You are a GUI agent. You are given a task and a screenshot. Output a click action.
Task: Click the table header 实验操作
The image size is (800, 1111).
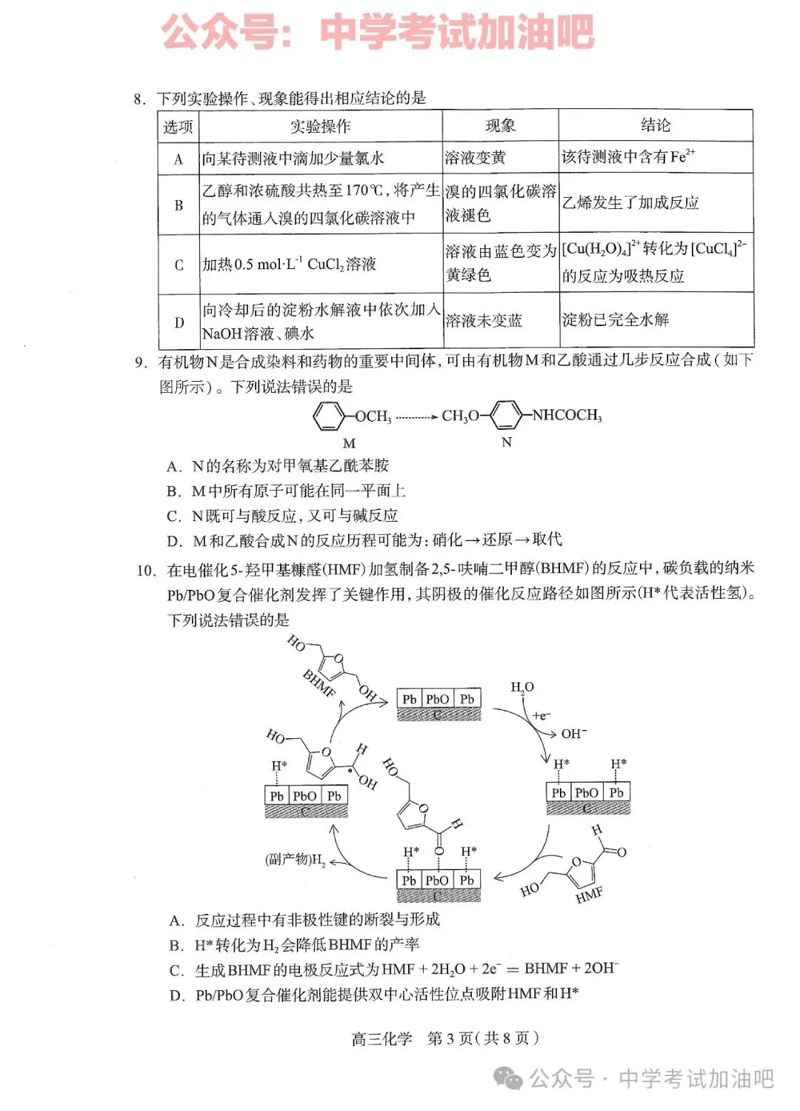tap(320, 127)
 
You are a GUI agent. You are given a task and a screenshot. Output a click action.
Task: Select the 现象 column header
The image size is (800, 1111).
tap(500, 126)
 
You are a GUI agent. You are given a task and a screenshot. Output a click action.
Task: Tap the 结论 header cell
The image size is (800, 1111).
tap(656, 125)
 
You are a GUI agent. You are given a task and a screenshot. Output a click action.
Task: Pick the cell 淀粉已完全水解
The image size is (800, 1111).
tap(616, 320)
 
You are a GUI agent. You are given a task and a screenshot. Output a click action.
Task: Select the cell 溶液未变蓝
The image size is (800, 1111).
tap(484, 321)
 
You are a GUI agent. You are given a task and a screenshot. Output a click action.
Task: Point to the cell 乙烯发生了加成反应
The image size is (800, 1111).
tap(630, 203)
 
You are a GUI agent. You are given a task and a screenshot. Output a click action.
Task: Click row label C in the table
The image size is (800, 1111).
tap(179, 265)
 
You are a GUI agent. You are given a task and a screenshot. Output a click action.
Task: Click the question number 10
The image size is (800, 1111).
tap(146, 571)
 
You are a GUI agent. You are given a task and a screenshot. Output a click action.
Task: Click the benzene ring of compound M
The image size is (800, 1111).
tap(328, 416)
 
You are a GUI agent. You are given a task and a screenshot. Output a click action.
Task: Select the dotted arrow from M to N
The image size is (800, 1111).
tap(416, 417)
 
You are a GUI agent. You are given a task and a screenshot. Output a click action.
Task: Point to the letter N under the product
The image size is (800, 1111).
tap(507, 442)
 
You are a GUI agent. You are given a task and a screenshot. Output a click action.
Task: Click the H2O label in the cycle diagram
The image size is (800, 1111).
tap(522, 688)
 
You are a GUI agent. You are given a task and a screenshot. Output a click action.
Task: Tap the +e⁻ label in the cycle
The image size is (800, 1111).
tap(541, 716)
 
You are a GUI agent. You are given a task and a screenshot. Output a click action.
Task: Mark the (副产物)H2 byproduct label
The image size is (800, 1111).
tap(296, 860)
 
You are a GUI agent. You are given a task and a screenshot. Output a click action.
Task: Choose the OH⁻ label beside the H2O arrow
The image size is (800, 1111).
tap(573, 734)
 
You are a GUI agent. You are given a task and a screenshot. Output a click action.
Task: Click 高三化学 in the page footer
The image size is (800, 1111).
tap(381, 1038)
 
